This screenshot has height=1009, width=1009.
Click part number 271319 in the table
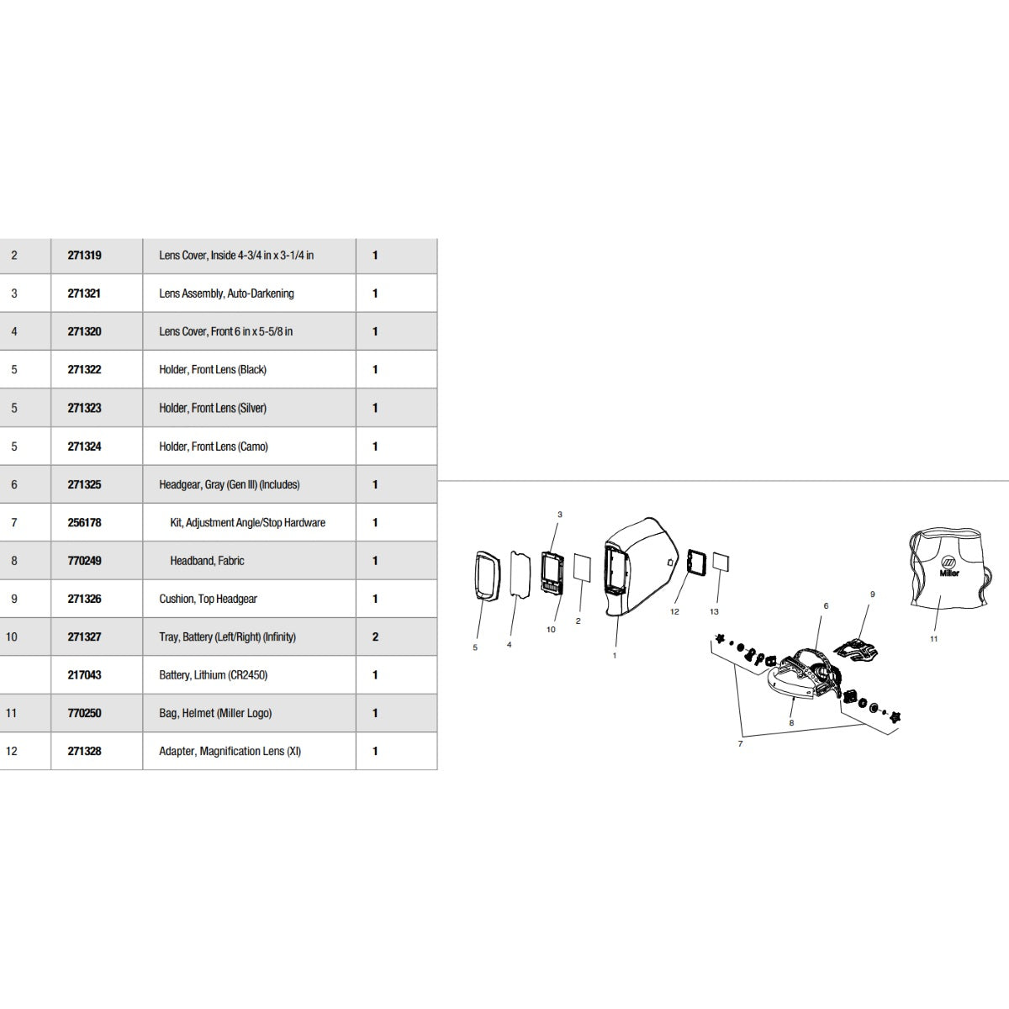coord(84,255)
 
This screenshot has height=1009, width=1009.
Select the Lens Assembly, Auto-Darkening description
coord(226,293)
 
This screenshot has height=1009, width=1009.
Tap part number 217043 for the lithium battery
coord(84,675)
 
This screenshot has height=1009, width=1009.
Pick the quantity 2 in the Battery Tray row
coord(375,637)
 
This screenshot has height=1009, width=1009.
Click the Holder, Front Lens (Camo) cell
coord(214,446)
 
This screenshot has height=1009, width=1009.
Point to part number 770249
coord(84,561)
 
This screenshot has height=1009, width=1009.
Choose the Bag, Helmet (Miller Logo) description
coord(215,713)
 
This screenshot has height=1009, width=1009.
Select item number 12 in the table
coord(12,751)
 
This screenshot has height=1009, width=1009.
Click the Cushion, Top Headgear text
coord(208,599)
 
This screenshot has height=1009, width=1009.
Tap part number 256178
coord(84,523)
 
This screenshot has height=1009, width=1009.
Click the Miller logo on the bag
coord(948,565)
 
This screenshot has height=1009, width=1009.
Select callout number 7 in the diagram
coord(740,744)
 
